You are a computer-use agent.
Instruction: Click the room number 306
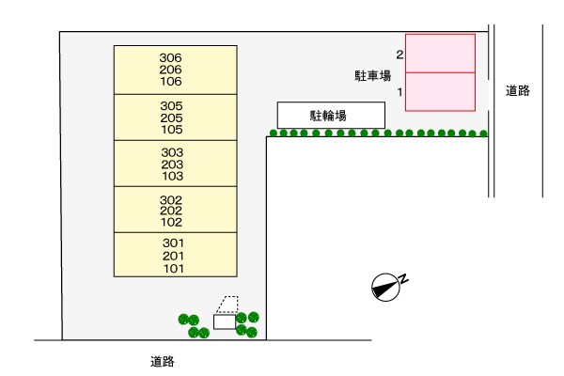[171, 57]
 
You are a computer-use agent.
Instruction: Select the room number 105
[171, 130]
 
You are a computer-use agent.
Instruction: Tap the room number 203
[171, 164]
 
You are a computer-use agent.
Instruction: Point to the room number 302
[171, 200]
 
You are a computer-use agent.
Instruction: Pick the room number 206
[171, 70]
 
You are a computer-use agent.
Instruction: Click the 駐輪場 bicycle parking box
[331, 116]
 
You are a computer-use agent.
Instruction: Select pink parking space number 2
[440, 54]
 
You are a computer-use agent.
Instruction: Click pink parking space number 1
[440, 91]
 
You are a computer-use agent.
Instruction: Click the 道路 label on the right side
[517, 91]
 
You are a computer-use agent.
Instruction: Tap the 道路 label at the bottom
[162, 361]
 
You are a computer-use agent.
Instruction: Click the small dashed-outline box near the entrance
[227, 305]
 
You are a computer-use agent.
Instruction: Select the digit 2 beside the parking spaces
[399, 55]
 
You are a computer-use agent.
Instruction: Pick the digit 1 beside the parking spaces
[399, 92]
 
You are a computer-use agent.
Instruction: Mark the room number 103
[171, 177]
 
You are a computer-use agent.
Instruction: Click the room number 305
[171, 105]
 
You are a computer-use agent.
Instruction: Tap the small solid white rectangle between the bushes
[225, 322]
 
